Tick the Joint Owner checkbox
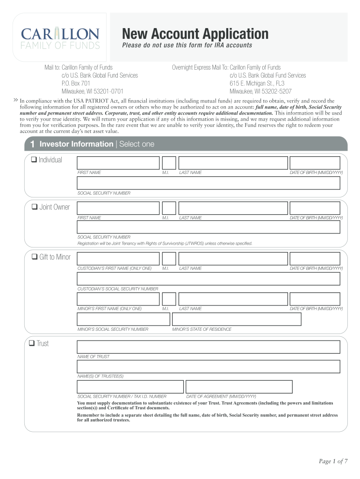[x=35, y=207]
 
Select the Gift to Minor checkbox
[x=34, y=257]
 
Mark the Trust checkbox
[x=32, y=343]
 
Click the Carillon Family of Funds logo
[x=60, y=38]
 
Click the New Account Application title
[x=195, y=34]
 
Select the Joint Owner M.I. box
[x=169, y=208]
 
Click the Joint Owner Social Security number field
[x=209, y=227]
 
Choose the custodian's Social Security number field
[x=209, y=279]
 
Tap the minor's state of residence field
[x=237, y=319]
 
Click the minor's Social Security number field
[x=123, y=319]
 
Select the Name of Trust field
[x=209, y=347]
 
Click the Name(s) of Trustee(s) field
[x=209, y=367]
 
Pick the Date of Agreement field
[x=239, y=387]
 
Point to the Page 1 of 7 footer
[x=333, y=462]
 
